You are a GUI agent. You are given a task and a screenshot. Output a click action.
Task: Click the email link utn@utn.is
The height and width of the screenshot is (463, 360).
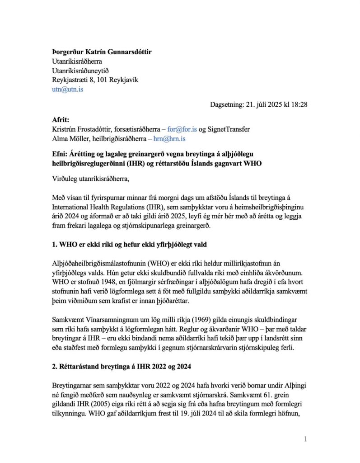click(x=68, y=90)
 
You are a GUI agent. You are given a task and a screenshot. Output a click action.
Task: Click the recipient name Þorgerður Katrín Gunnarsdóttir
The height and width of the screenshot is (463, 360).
click(x=102, y=52)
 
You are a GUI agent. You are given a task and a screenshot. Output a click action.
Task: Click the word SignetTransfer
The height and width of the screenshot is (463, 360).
click(x=228, y=129)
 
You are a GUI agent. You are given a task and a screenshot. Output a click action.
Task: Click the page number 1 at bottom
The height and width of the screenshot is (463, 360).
click(x=306, y=439)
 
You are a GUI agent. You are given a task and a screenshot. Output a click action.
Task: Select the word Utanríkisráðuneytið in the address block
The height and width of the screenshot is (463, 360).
click(x=81, y=71)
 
